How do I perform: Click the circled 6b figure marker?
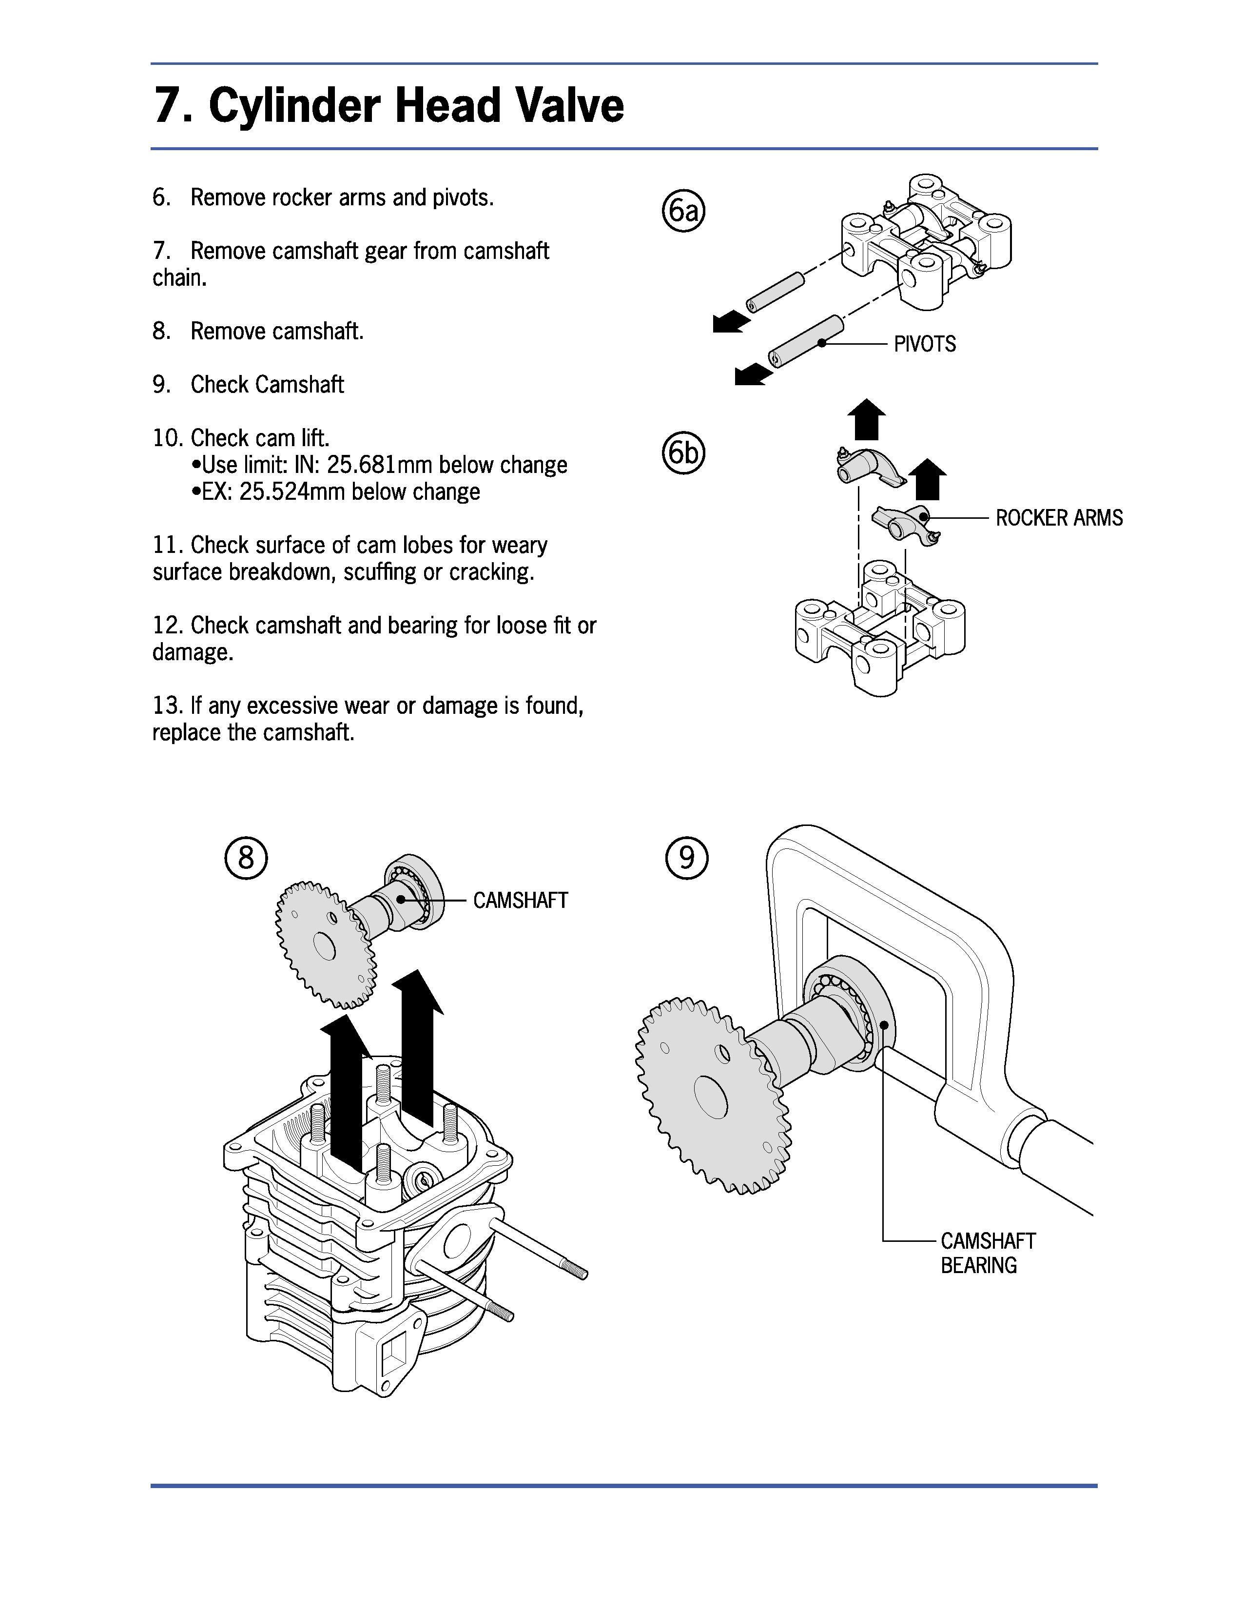(x=684, y=452)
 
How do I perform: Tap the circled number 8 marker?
(x=246, y=858)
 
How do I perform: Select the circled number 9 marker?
(x=686, y=858)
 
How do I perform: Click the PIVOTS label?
(x=925, y=344)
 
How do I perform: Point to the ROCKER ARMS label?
(x=1059, y=518)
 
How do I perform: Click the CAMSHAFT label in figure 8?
(x=520, y=900)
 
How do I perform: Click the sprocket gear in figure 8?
(x=326, y=943)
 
